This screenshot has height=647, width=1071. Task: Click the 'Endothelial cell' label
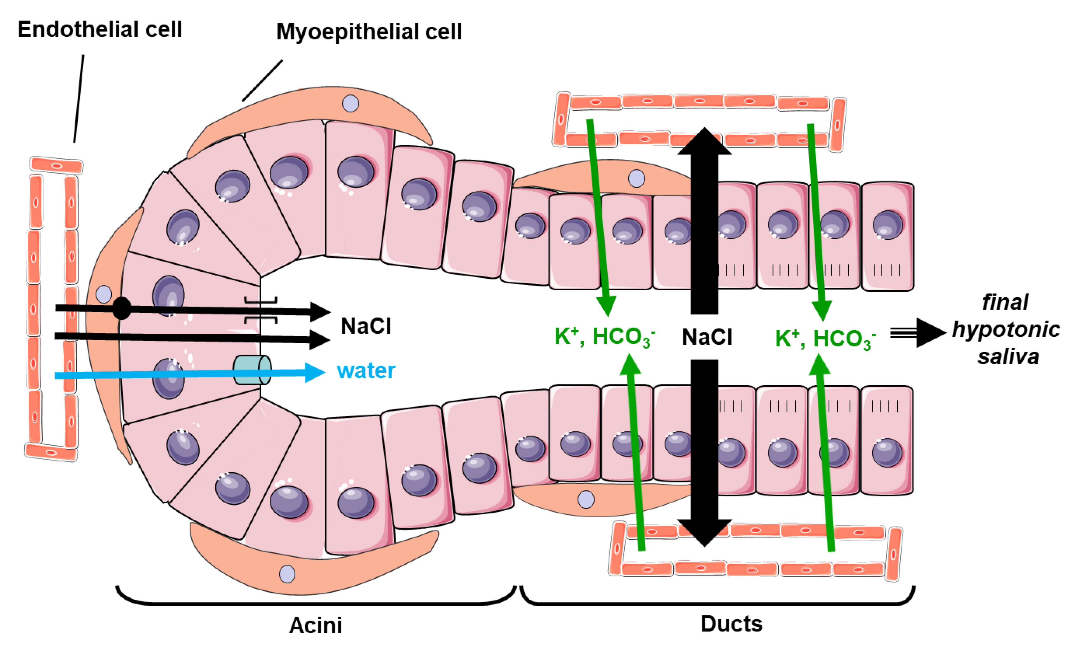100,30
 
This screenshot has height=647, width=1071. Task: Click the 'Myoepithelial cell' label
369,32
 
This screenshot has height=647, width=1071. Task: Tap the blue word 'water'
365,371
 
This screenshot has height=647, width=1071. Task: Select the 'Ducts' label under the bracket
731,624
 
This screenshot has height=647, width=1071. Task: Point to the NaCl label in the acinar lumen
365,326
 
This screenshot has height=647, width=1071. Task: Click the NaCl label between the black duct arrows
707,337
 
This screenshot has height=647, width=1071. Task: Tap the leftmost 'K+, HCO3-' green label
604,337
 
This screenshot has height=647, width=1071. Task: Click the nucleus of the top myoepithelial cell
350,103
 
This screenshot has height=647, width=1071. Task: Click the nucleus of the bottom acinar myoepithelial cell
287,574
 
